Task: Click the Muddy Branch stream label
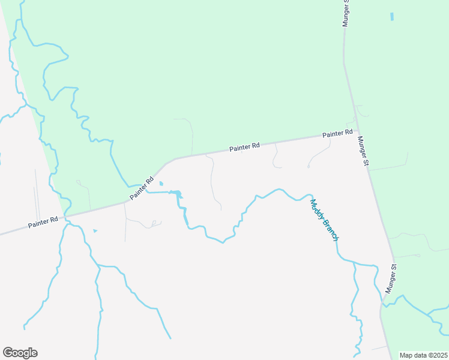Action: coord(325,219)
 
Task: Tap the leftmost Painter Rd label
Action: coord(43,223)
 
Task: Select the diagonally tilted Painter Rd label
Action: coord(142,188)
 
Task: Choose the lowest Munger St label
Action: coord(392,278)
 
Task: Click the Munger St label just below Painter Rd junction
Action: coord(363,151)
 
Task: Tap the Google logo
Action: coord(20,353)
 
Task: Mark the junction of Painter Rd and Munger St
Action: coord(357,131)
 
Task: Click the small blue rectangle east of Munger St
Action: coord(393,17)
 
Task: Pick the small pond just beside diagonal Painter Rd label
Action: coord(160,184)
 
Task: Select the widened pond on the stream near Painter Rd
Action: coord(177,193)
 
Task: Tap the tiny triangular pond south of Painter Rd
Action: coord(95,230)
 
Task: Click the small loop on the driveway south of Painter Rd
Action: coord(154,223)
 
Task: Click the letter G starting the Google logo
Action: coord(8,353)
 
